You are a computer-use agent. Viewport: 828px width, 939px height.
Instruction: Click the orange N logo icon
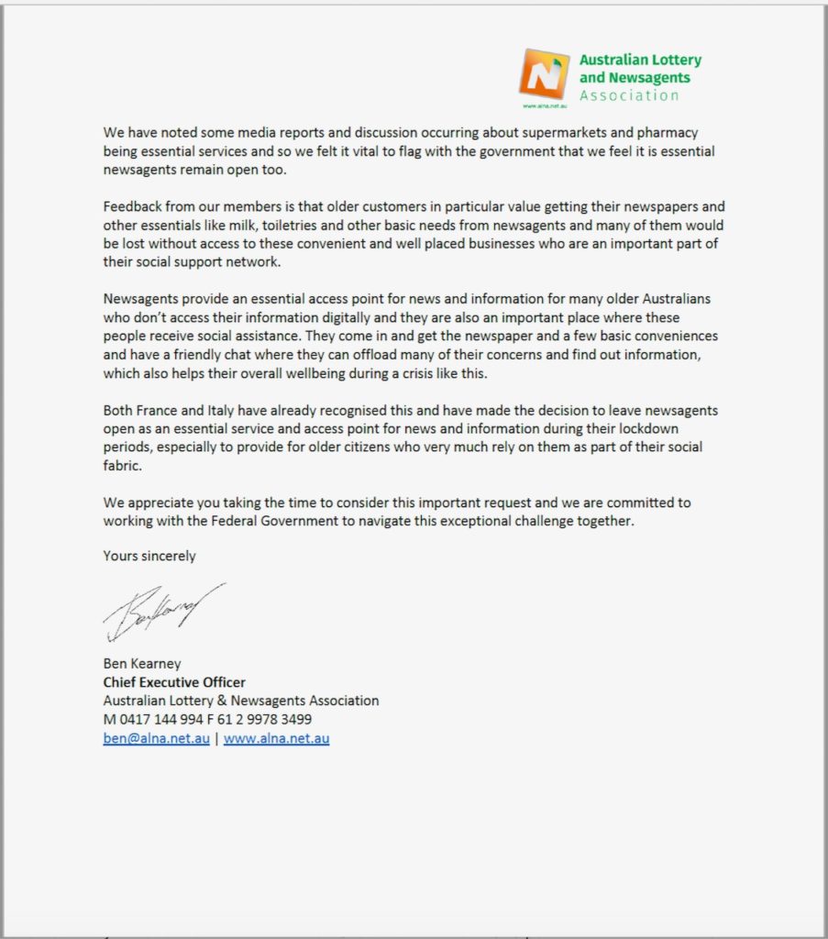coord(544,74)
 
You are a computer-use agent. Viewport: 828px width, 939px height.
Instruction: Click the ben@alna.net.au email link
coord(157,739)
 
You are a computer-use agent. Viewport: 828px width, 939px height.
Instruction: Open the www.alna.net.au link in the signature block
coord(276,739)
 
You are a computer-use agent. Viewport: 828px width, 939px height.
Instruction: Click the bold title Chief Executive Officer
coord(174,682)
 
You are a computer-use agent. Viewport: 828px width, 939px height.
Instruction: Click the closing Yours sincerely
coord(149,556)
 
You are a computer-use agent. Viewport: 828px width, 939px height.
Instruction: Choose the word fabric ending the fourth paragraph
coord(122,466)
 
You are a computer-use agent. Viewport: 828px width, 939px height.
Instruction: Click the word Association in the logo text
coord(629,95)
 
